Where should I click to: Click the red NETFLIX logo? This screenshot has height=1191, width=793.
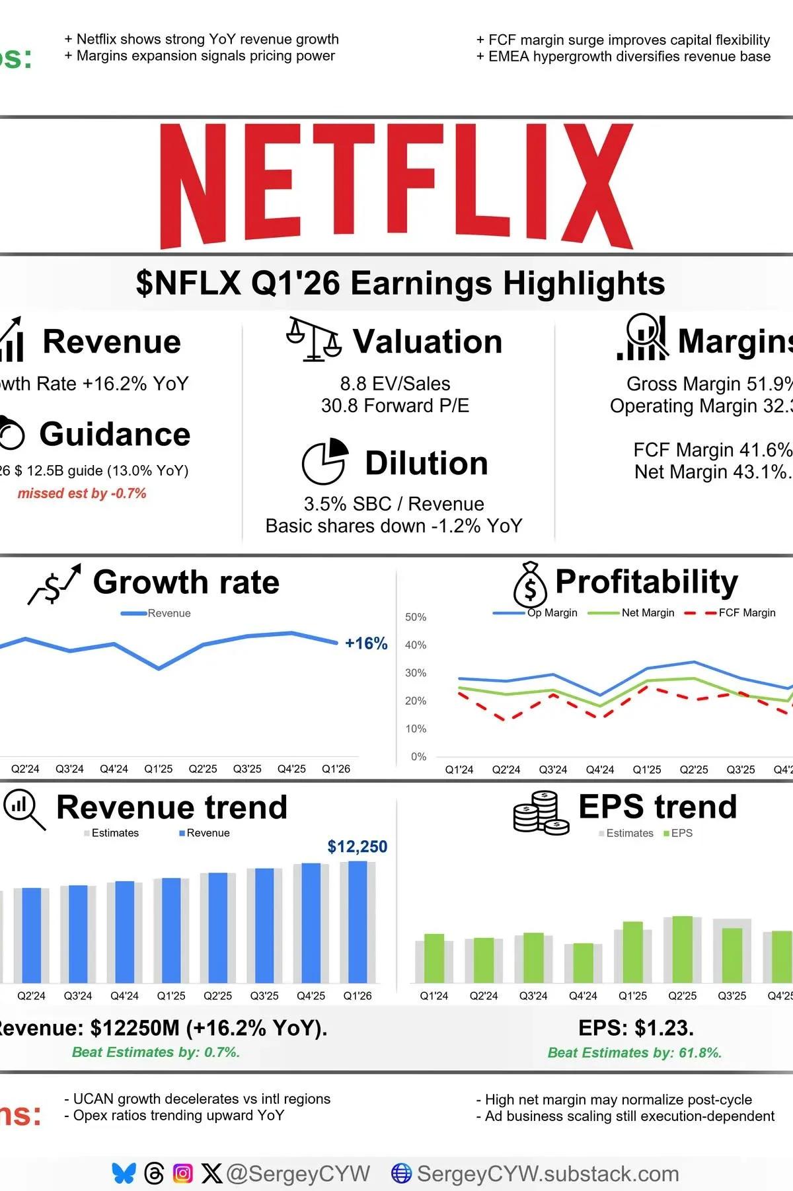click(397, 186)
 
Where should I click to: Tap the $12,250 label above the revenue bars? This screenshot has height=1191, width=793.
click(357, 847)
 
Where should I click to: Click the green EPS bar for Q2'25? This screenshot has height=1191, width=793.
click(682, 949)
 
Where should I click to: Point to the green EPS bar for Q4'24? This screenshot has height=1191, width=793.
click(583, 962)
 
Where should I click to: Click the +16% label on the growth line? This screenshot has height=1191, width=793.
click(366, 643)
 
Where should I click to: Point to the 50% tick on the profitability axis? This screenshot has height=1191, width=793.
click(416, 617)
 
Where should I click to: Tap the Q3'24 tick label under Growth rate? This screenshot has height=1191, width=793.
click(69, 769)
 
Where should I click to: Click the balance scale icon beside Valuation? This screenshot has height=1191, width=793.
click(314, 339)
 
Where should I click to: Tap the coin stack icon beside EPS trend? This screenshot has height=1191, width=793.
click(541, 813)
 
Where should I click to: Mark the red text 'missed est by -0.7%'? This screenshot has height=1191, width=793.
click(82, 493)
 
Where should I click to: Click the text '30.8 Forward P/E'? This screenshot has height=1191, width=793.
click(395, 406)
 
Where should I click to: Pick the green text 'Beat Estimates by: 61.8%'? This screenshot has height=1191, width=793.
click(634, 1053)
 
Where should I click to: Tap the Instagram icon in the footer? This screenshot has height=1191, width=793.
click(182, 1173)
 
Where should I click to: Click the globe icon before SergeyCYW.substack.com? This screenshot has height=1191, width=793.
click(401, 1173)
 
